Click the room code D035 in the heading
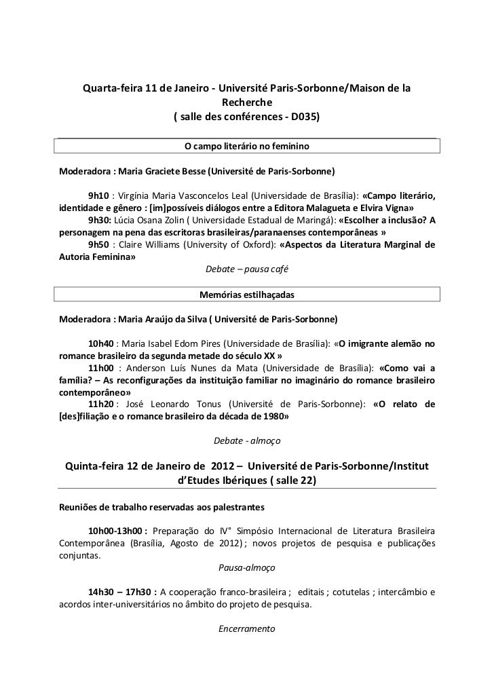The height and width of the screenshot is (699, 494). (x=303, y=117)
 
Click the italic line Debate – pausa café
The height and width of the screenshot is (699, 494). (x=247, y=269)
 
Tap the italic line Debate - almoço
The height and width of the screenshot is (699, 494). (x=247, y=441)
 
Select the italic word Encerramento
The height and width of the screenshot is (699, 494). (x=247, y=628)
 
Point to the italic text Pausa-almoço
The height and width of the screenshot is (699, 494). (x=247, y=567)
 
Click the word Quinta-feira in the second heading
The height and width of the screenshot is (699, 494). (x=99, y=466)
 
